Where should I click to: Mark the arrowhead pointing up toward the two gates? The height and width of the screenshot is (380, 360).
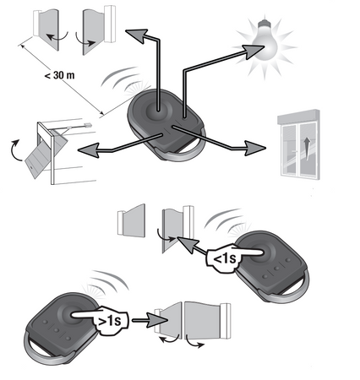pyautogui.click(x=134, y=32)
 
